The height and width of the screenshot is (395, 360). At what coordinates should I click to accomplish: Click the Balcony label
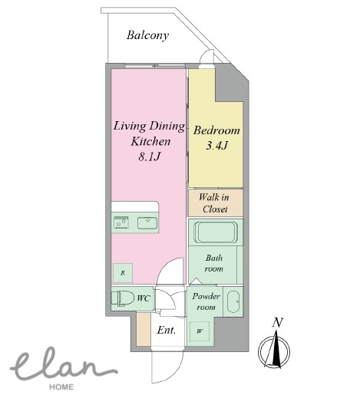[x=147, y=35]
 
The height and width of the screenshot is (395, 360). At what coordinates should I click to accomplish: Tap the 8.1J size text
[x=149, y=156]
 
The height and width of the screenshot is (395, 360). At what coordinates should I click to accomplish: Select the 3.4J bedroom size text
[x=216, y=146]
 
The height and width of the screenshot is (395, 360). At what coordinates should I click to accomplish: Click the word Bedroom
[x=216, y=130]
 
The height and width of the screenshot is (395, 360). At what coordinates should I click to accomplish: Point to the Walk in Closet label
[x=214, y=203]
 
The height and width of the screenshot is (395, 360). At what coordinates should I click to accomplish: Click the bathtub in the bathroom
[x=216, y=232]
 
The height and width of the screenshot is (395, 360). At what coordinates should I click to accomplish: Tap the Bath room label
[x=214, y=263]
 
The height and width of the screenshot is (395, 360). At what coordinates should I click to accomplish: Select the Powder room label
[x=206, y=301]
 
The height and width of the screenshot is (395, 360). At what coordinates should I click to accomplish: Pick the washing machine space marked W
[x=200, y=331]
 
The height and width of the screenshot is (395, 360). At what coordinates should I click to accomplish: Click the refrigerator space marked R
[x=123, y=273]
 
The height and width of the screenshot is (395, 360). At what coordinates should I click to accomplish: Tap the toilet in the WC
[x=123, y=298]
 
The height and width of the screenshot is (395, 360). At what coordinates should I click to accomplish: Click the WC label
[x=144, y=298]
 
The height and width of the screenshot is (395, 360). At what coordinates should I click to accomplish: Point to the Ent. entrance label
[x=167, y=330]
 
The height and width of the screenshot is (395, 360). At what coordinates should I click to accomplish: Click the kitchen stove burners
[x=121, y=223]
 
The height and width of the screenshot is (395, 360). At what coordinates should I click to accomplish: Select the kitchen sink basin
[x=147, y=223]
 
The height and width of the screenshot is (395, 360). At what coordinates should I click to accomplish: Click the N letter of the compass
[x=277, y=323]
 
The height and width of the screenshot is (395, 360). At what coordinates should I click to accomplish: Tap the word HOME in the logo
[x=61, y=387]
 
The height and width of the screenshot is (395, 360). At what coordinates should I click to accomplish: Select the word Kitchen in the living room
[x=150, y=141]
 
